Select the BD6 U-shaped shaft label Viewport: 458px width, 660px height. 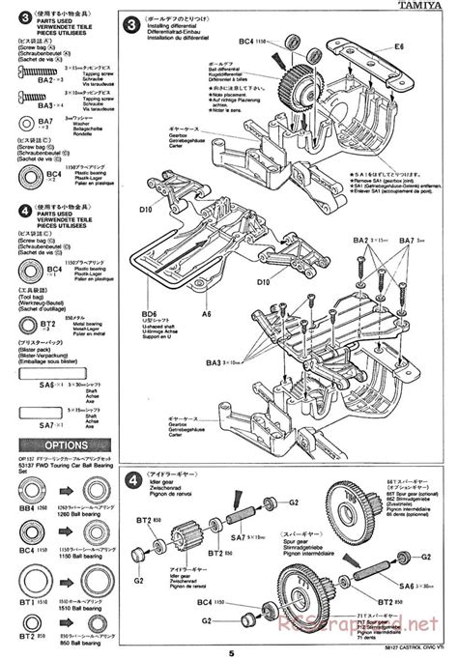[148, 287]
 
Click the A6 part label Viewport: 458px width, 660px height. [206, 287]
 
